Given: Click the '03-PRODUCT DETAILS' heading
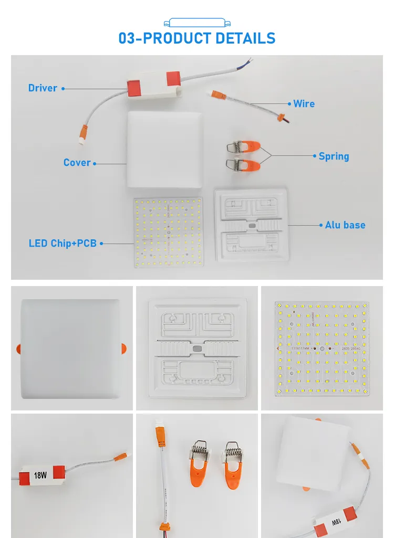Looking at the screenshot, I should pyautogui.click(x=197, y=38).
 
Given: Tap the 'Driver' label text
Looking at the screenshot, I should pyautogui.click(x=43, y=88).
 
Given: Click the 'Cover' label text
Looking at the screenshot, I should pyautogui.click(x=77, y=163).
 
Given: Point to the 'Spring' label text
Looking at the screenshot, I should pyautogui.click(x=334, y=156).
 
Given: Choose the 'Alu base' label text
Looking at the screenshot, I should pyautogui.click(x=345, y=225).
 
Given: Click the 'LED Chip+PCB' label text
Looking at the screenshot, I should pyautogui.click(x=63, y=244).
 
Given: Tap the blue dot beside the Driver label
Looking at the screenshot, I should pyautogui.click(x=63, y=89).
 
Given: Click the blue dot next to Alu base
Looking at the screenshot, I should pyautogui.click(x=320, y=225).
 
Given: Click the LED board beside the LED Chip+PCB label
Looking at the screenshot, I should pyautogui.click(x=168, y=232).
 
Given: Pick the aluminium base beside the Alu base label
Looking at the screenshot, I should pyautogui.click(x=252, y=226).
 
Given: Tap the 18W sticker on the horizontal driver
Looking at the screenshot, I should pyautogui.click(x=40, y=476).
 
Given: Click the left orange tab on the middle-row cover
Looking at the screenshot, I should pyautogui.click(x=18, y=348).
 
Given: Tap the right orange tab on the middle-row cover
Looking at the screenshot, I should pyautogui.click(x=124, y=347).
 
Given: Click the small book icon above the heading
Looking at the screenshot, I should pyautogui.click(x=197, y=22).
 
